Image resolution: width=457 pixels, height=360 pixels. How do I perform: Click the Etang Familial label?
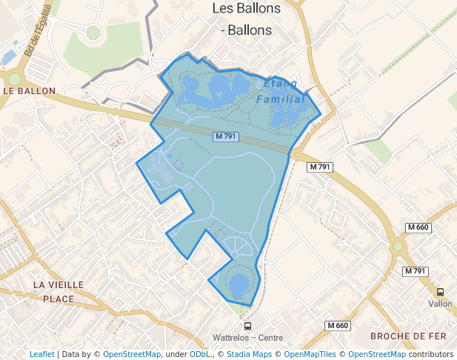[280, 91]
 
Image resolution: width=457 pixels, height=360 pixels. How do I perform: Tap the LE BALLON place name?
[30, 91]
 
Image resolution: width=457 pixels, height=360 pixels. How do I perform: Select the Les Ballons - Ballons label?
[246, 19]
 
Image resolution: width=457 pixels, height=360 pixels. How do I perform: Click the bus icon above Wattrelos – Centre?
[247, 326]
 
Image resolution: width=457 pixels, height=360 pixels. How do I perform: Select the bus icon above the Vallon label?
[440, 292]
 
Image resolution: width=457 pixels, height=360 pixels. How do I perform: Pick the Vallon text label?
[440, 304]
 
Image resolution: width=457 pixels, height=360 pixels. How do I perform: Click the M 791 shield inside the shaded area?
[226, 136]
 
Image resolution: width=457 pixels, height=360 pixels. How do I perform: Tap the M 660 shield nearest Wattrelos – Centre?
[337, 326]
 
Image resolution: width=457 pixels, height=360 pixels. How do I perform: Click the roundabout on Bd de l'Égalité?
[93, 32]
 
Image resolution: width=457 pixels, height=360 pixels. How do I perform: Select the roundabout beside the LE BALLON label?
[14, 79]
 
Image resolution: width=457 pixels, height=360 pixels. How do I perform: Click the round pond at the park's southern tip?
[238, 284]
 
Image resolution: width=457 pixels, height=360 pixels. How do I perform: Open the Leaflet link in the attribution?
[41, 354]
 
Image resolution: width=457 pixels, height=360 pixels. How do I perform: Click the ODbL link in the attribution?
[201, 354]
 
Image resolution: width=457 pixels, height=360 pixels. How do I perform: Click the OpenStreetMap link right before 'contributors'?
[377, 354]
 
